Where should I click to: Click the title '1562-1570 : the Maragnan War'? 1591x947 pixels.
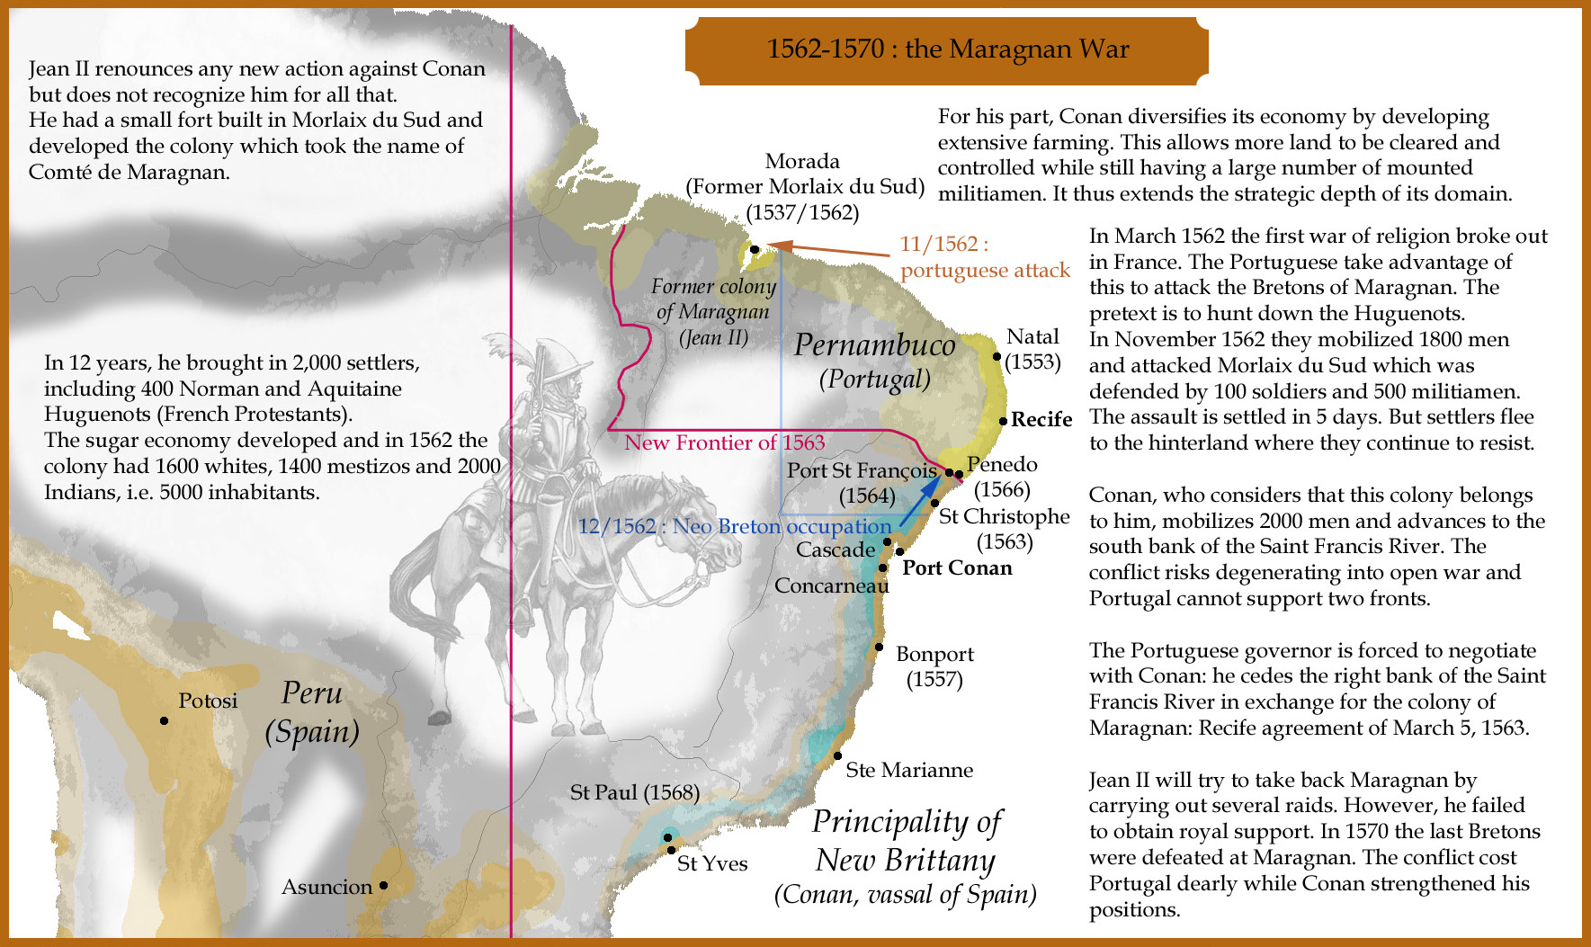coord(947,49)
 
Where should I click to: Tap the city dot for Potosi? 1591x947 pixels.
coord(164,720)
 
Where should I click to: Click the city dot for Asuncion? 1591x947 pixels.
coord(383,885)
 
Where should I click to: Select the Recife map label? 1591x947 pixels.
coord(1041,419)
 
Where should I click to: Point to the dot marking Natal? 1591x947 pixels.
coord(997,356)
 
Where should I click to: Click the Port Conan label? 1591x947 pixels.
coord(957,567)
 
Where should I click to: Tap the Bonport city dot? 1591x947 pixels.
coord(879,647)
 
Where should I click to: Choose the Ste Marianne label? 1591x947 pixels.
coord(908,770)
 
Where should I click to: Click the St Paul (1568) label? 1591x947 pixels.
coord(634,792)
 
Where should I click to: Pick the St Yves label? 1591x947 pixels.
coord(711,863)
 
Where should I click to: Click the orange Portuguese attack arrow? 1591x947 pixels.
coord(827,249)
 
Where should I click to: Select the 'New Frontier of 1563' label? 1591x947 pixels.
coord(724,442)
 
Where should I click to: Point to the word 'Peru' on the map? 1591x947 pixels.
coord(311,692)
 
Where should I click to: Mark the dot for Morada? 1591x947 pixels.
coord(755,249)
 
